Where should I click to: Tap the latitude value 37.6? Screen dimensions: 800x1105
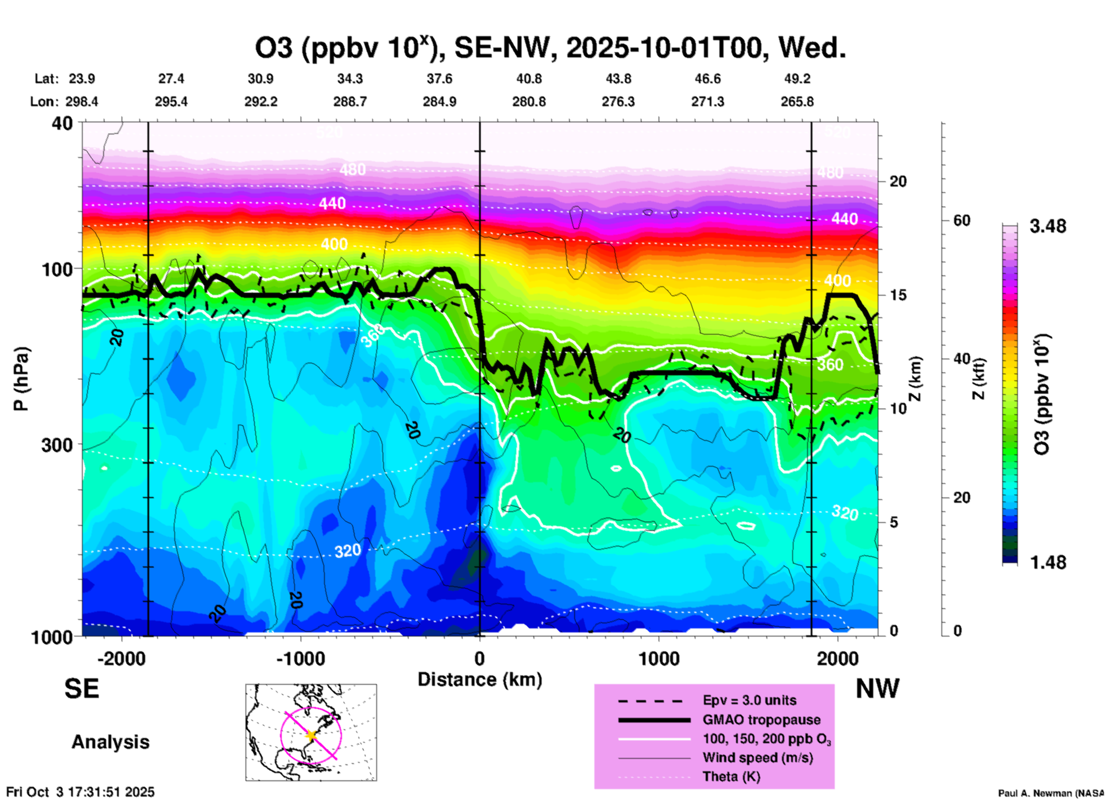pyautogui.click(x=439, y=79)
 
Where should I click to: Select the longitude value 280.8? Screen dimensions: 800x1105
pyautogui.click(x=529, y=102)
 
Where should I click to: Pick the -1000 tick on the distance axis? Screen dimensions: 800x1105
pyautogui.click(x=301, y=658)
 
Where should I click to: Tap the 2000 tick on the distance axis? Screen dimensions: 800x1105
pyautogui.click(x=838, y=658)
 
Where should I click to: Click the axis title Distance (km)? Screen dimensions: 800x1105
pyautogui.click(x=480, y=679)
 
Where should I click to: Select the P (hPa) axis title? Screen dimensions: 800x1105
pyautogui.click(x=21, y=379)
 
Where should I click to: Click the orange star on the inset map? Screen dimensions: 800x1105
pyautogui.click(x=312, y=735)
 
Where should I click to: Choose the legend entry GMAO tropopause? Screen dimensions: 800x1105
pyautogui.click(x=761, y=720)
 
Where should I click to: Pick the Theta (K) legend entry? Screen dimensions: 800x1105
pyautogui.click(x=731, y=777)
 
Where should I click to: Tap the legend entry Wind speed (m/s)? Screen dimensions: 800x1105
pyautogui.click(x=757, y=758)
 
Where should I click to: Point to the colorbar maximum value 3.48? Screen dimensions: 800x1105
pyautogui.click(x=1048, y=227)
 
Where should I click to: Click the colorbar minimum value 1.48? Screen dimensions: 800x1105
pyautogui.click(x=1048, y=562)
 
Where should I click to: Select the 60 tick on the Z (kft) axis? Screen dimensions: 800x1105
pyautogui.click(x=962, y=220)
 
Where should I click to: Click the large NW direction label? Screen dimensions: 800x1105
pyautogui.click(x=877, y=689)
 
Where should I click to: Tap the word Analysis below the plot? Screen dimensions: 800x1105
pyautogui.click(x=110, y=742)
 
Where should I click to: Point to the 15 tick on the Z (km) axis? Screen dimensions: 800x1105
pyautogui.click(x=897, y=295)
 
